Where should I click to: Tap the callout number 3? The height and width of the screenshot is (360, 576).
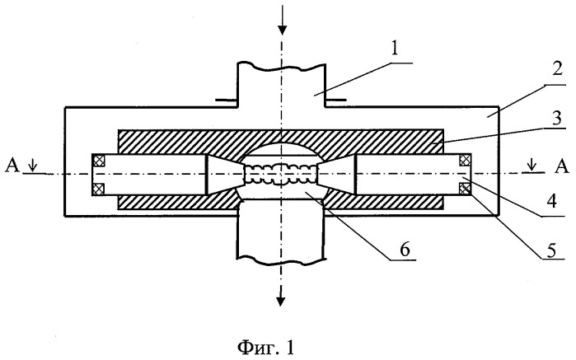557,119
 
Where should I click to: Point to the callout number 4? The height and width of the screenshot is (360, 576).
551,201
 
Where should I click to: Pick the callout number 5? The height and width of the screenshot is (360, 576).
552,251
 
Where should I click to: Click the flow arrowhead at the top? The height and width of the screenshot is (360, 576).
282,29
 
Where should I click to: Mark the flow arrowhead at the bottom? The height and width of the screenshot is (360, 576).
281,300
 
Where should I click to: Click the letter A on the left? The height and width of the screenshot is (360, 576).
12,166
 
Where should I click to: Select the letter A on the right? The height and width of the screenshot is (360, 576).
561,166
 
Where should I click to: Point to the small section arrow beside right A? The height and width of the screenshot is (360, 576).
532,166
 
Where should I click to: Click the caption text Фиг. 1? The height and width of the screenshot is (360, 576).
265,347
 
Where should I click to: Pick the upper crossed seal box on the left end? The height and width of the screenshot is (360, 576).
99,161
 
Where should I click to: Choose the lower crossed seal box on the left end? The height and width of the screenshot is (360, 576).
99,189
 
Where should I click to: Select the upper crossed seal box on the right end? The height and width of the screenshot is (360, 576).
465,160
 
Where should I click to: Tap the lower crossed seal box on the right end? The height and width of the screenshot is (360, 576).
465,189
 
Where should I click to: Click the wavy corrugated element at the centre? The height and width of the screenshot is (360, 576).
281,173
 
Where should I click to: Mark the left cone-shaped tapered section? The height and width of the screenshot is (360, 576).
225,174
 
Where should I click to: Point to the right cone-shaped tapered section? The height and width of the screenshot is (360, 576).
337,174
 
